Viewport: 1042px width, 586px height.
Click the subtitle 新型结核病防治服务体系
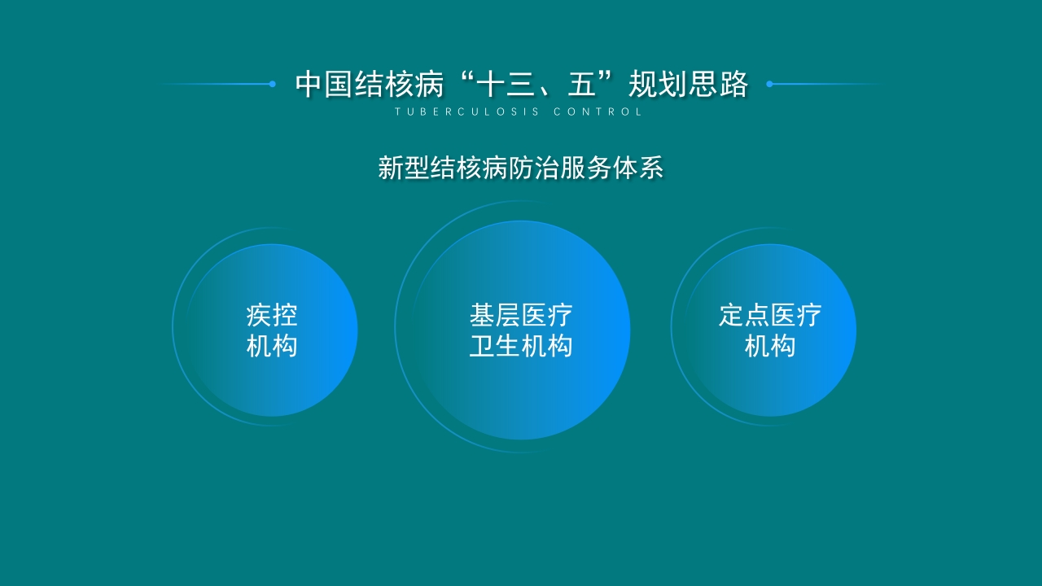pyautogui.click(x=521, y=168)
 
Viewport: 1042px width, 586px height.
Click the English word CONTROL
pyautogui.click(x=598, y=112)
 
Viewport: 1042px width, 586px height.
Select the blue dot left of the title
pyautogui.click(x=272, y=84)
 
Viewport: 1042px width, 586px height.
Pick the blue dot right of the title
pyautogui.click(x=769, y=84)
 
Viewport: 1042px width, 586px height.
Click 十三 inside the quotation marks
pyautogui.click(x=507, y=84)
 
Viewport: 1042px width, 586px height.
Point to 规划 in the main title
pyautogui.click(x=657, y=84)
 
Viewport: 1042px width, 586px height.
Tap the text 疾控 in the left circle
pyautogui.click(x=272, y=315)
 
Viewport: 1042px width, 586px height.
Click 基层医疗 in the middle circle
pyautogui.click(x=521, y=315)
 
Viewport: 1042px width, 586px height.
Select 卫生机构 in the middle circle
pyautogui.click(x=521, y=346)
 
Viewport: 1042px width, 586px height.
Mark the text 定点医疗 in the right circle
pyautogui.click(x=770, y=315)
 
